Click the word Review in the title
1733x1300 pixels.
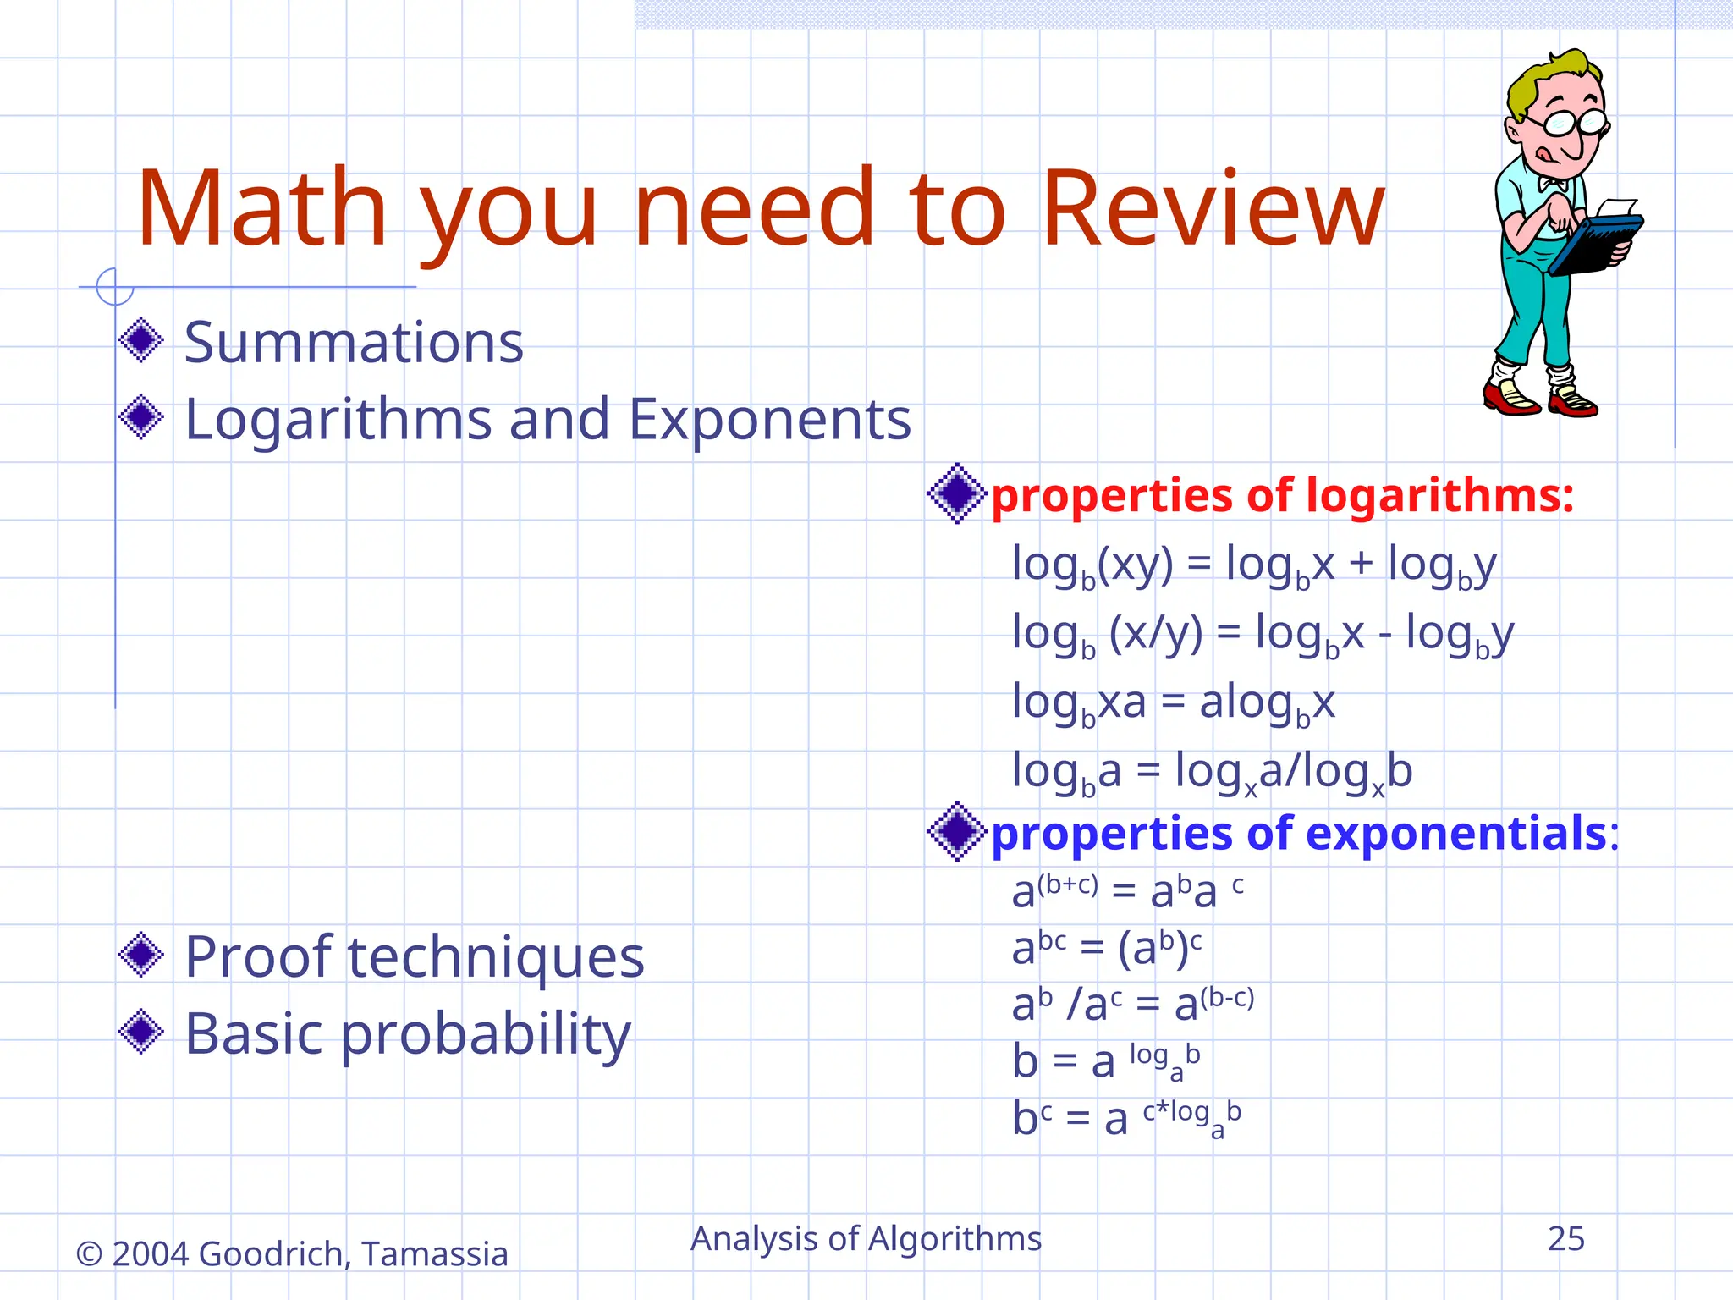coord(1212,210)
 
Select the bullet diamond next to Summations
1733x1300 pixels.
coord(141,340)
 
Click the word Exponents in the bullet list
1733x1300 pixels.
coord(770,421)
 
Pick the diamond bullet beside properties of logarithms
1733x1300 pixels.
coord(956,493)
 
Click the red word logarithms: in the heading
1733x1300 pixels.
coord(1439,495)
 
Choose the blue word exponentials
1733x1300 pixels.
coord(1456,834)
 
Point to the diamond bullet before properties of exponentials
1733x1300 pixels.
coord(956,832)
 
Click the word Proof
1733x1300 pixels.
coord(258,957)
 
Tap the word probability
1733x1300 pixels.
coord(486,1035)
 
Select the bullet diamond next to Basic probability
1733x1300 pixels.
coord(141,1032)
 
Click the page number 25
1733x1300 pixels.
coord(1565,1239)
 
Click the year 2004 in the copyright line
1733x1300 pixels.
coord(150,1254)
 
